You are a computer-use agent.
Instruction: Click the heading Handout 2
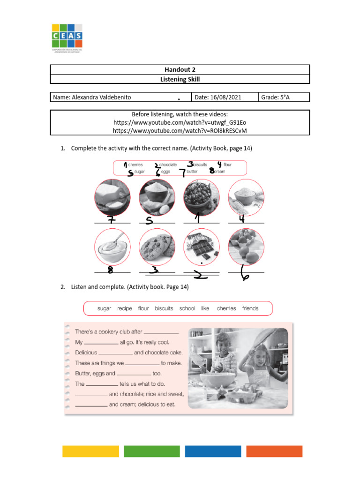[180, 69]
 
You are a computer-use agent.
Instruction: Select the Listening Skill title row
[180, 79]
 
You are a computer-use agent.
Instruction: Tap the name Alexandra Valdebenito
[92, 97]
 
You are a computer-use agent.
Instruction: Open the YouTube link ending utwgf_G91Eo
[180, 122]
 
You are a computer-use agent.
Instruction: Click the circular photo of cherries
[202, 197]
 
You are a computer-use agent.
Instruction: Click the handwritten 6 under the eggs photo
[245, 274]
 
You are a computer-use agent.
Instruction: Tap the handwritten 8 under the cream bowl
[111, 270]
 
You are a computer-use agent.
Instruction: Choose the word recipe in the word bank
[125, 308]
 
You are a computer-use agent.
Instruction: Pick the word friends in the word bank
[250, 308]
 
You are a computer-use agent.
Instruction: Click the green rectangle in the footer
[151, 451]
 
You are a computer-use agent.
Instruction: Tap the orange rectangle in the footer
[274, 451]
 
